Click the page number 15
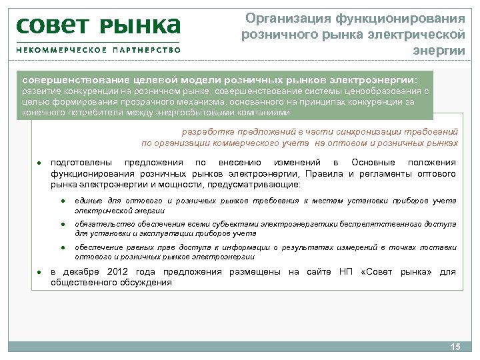[x=456, y=347]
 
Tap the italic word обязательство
[x=102, y=225]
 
